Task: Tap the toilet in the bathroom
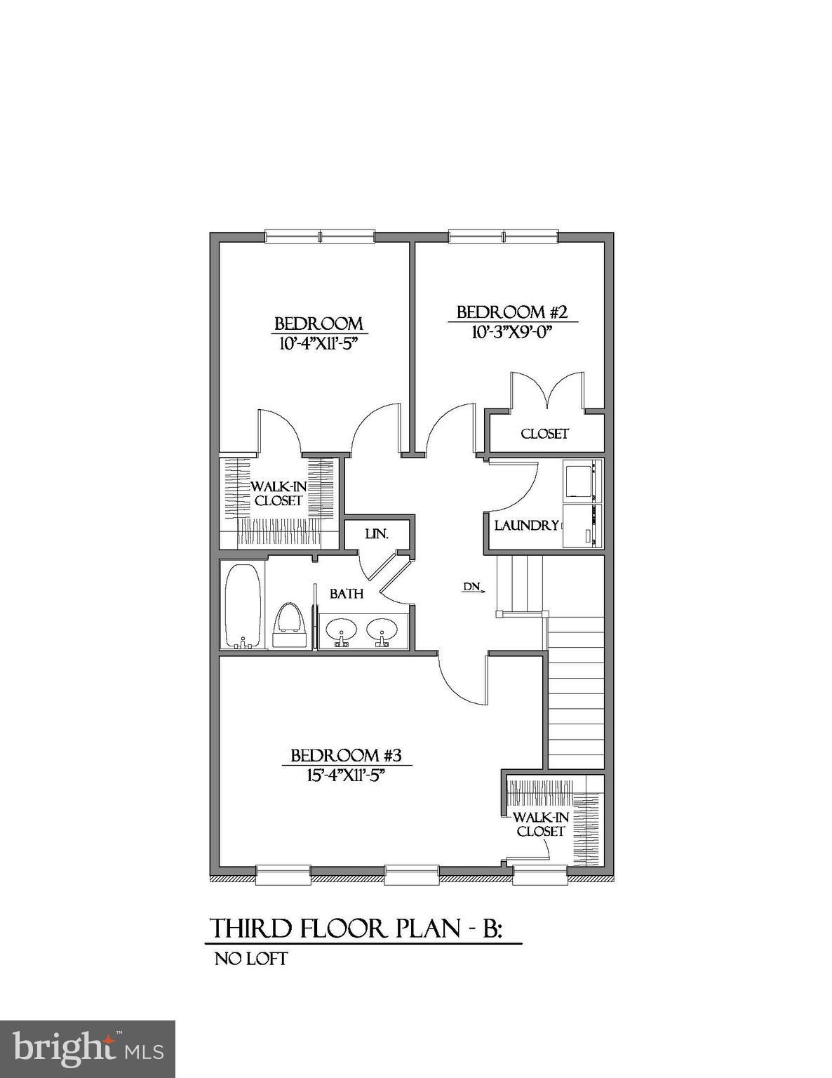pyautogui.click(x=290, y=621)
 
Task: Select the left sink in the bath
pyautogui.click(x=342, y=630)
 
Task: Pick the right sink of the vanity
pyautogui.click(x=382, y=630)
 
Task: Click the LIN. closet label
pyautogui.click(x=377, y=534)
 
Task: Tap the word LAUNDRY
pyautogui.click(x=527, y=525)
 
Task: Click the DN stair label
pyautogui.click(x=471, y=587)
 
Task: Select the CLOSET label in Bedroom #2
pyautogui.click(x=545, y=434)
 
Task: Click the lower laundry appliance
pyautogui.click(x=582, y=524)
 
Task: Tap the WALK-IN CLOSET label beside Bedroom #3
pyautogui.click(x=541, y=824)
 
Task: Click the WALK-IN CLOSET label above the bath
pyautogui.click(x=279, y=493)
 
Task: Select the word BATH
pyautogui.click(x=347, y=594)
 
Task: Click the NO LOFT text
pyautogui.click(x=251, y=959)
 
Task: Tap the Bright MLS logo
pyautogui.click(x=88, y=1049)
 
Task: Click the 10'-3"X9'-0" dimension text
pyautogui.click(x=508, y=332)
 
